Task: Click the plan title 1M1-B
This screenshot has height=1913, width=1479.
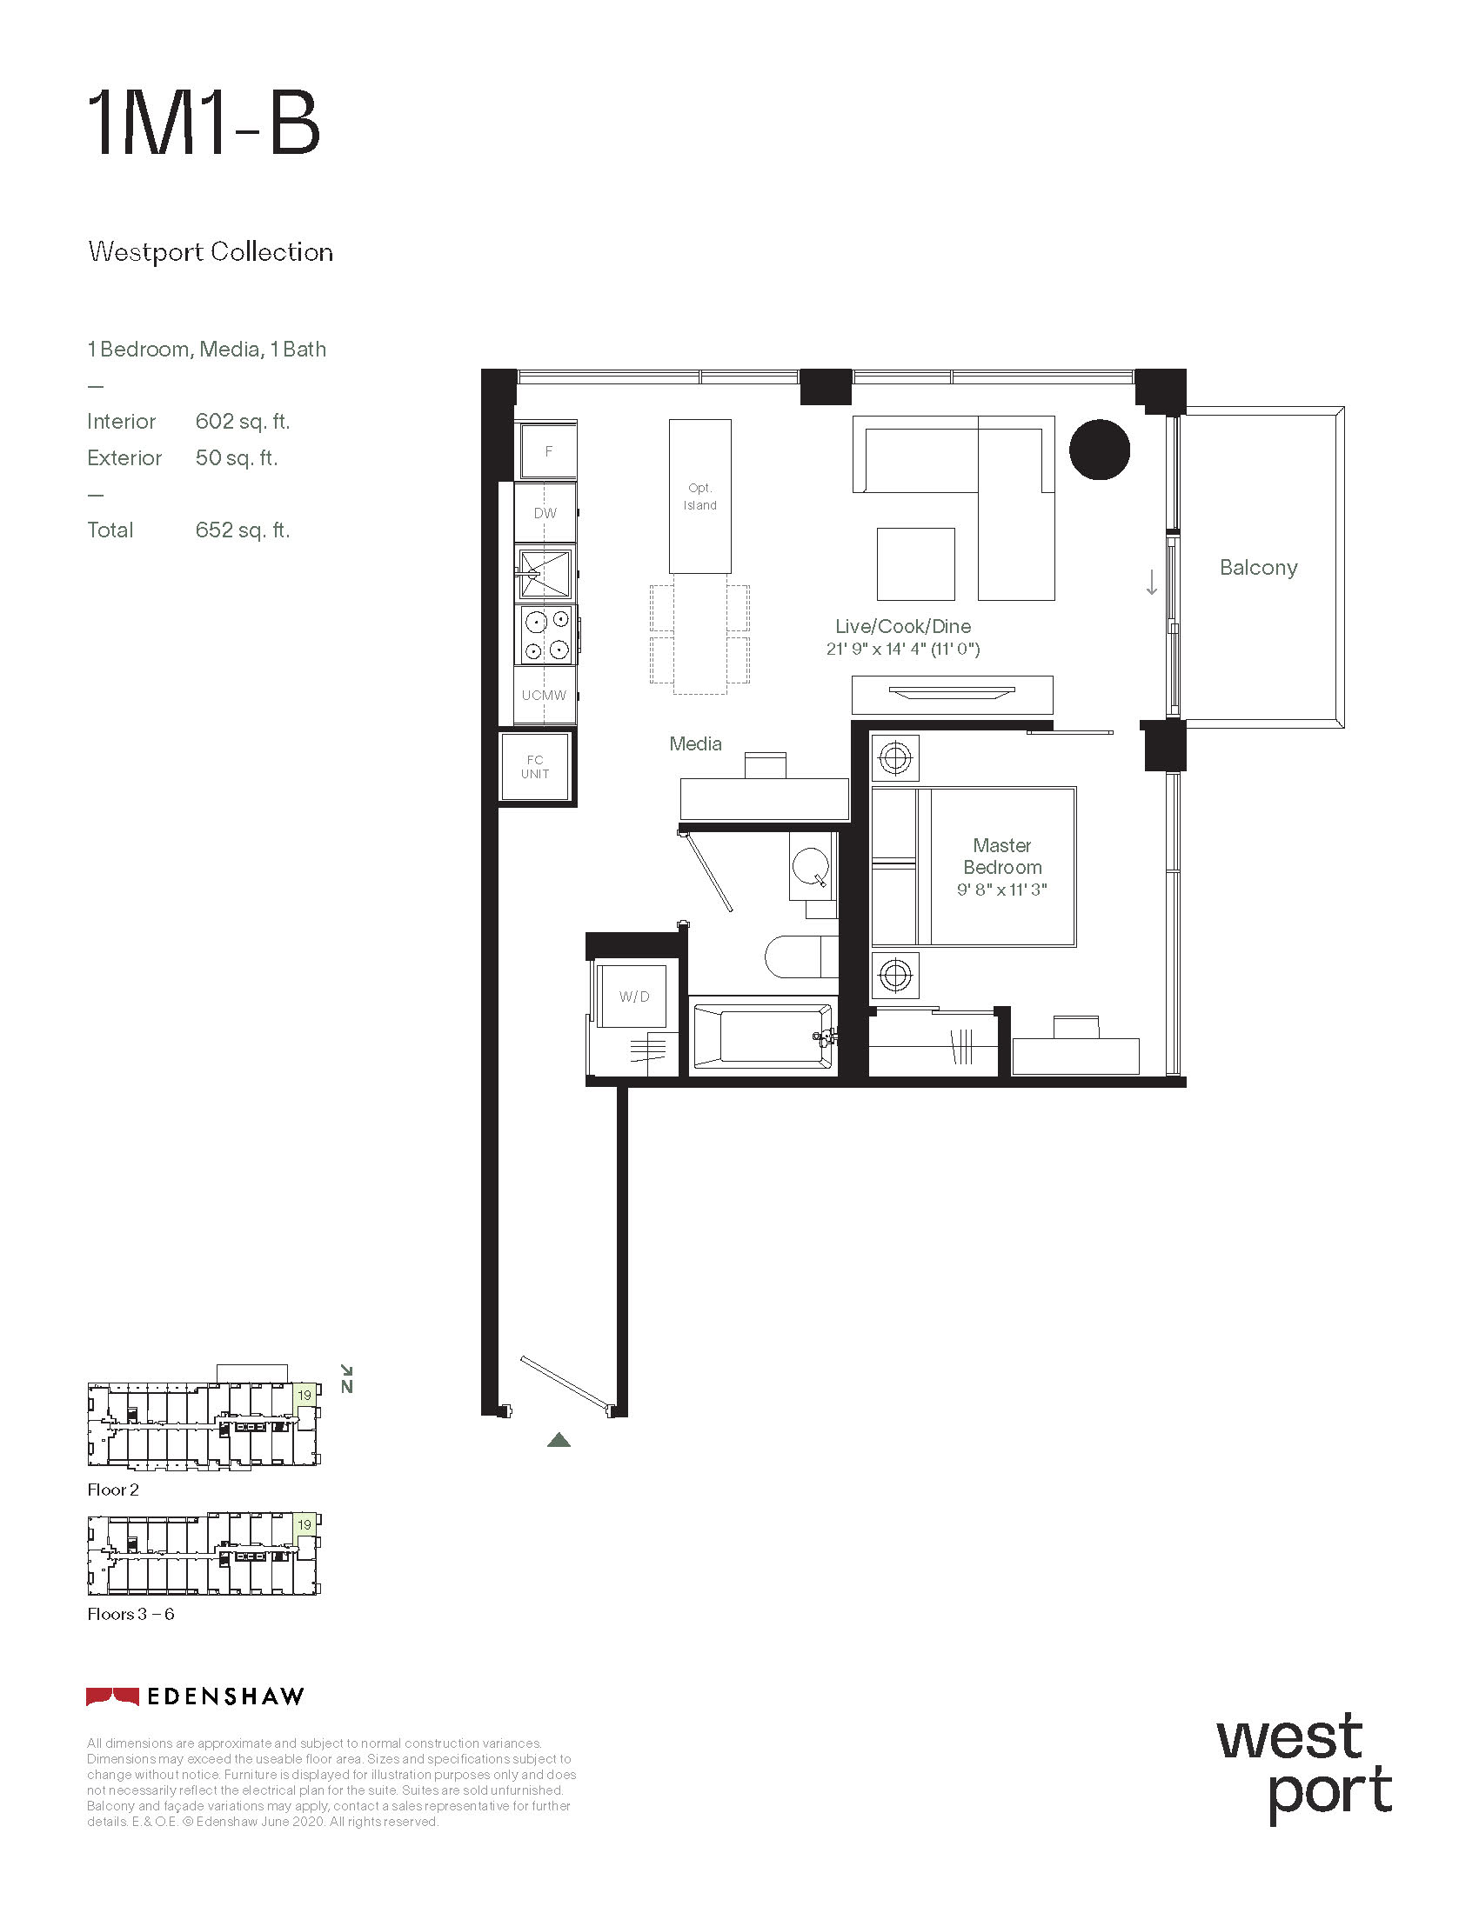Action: [x=204, y=124]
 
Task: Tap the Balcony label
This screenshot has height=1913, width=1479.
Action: [x=1258, y=568]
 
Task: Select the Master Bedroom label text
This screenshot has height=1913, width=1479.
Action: [x=1002, y=856]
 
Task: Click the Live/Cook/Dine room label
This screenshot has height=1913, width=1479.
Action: [x=902, y=626]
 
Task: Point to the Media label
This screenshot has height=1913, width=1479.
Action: [x=696, y=743]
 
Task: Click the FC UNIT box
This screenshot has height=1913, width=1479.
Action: [x=535, y=766]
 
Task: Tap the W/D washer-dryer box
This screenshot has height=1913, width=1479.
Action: [x=635, y=996]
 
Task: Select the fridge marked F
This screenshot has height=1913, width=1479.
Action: [x=547, y=450]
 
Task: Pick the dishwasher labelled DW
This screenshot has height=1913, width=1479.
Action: [x=545, y=512]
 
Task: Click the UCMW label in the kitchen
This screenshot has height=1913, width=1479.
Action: [x=544, y=696]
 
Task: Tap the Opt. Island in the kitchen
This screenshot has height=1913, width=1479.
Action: [x=700, y=497]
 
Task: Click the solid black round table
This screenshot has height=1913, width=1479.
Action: [x=1100, y=450]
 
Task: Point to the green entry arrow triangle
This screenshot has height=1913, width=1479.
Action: [x=559, y=1440]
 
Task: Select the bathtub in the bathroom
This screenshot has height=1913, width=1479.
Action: [x=763, y=1036]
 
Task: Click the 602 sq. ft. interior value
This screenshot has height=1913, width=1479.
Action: [x=243, y=422]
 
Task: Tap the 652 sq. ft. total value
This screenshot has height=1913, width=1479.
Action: [x=243, y=530]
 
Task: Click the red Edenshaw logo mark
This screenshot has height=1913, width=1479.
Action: [x=112, y=1696]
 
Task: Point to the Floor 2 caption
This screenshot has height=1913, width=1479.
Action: [x=113, y=1490]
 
